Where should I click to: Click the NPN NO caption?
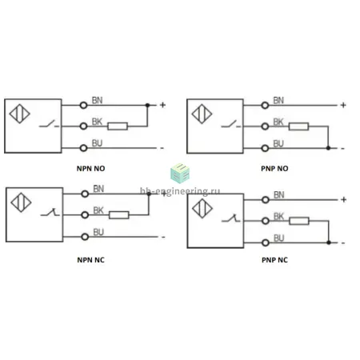90,169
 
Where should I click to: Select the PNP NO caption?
274,169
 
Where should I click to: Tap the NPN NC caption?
90,260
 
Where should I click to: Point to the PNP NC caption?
274,260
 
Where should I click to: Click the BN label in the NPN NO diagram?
97,101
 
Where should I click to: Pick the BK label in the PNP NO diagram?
278,122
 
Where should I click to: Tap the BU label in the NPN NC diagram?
98,232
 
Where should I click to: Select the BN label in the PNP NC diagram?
279,195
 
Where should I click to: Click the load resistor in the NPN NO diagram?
118,126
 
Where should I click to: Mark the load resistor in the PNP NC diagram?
299,221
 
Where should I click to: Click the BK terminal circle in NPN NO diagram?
83,126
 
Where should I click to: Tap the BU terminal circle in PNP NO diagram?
265,148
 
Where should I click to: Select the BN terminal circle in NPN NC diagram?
85,194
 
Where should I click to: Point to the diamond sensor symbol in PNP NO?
202,114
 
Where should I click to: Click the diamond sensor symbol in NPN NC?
21,202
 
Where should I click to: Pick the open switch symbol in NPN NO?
49,124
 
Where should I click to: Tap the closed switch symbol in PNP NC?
231,218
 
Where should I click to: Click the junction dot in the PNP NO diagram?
328,148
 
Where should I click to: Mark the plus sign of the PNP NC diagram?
344,199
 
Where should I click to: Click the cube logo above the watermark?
180,174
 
